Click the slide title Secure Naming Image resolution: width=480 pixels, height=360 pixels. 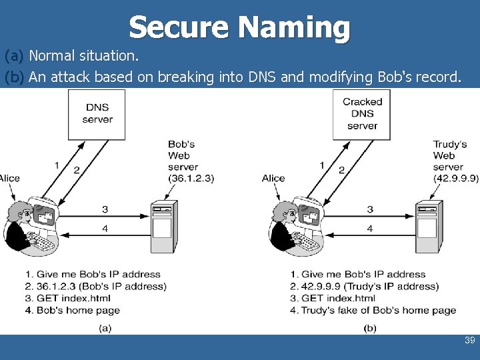[239, 27]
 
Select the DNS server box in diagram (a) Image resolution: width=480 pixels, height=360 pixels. [97, 114]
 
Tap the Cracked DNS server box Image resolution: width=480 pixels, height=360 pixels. [362, 114]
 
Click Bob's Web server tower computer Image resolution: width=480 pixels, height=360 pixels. [164, 226]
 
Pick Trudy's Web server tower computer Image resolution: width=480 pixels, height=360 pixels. [428, 226]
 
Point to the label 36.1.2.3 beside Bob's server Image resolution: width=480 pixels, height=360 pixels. [191, 178]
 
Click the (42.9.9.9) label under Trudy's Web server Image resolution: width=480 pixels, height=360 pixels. [456, 178]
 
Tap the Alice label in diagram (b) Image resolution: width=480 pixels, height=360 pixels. [273, 178]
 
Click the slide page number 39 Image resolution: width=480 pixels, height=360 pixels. [469, 341]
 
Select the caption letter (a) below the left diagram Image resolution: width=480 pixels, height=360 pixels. [105, 328]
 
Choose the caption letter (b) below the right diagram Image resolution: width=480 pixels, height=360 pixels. [370, 328]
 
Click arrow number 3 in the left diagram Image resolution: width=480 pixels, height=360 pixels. [105, 209]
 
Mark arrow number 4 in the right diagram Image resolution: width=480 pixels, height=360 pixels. [370, 229]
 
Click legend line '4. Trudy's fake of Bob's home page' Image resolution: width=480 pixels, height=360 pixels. [373, 310]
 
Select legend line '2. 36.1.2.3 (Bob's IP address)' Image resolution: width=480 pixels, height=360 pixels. [95, 286]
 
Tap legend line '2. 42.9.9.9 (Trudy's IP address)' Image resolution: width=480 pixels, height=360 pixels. [364, 286]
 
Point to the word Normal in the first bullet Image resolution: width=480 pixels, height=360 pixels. [51, 55]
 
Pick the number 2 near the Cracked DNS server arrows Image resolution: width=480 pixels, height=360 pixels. [341, 170]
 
